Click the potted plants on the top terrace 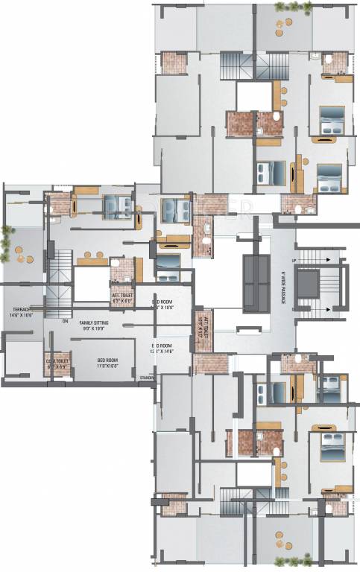point(285,7)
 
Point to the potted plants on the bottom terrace point(285,563)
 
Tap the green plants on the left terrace point(7,239)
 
